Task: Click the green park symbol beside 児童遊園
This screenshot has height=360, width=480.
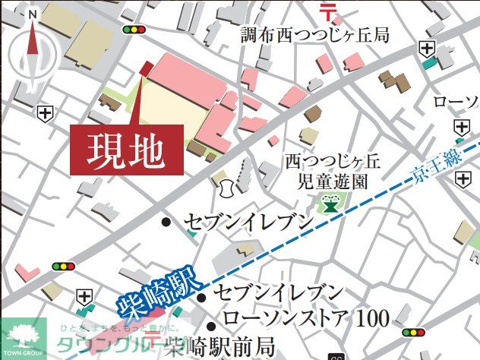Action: pyautogui.click(x=330, y=203)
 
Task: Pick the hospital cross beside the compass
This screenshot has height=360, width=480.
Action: pyautogui.click(x=45, y=112)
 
